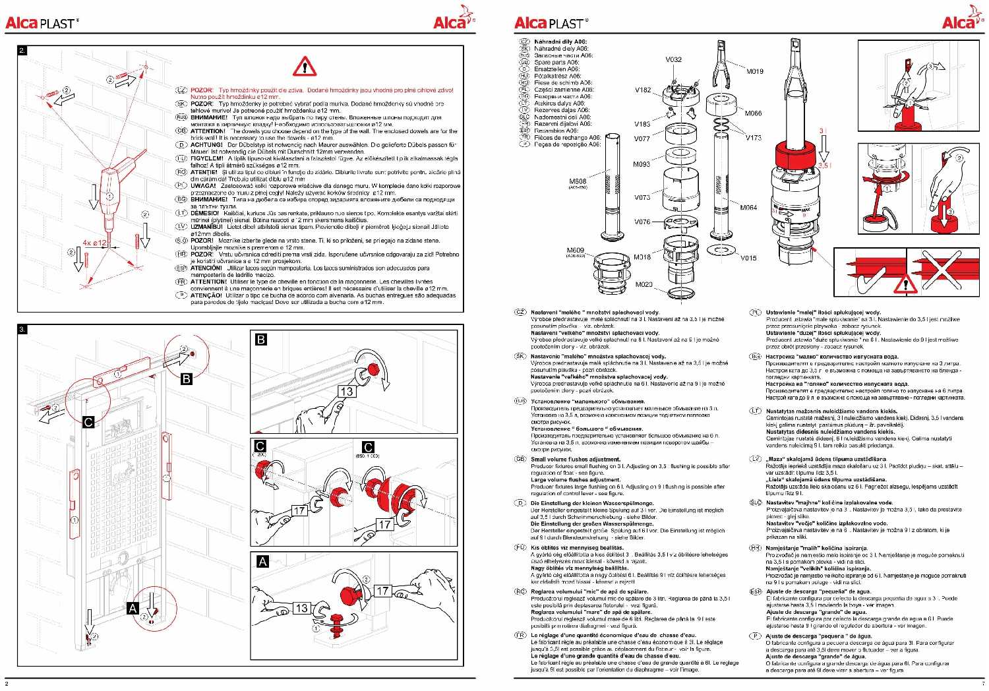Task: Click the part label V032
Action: pos(673,59)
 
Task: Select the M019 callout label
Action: pos(755,71)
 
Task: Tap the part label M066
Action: pos(753,113)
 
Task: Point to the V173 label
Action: pos(754,138)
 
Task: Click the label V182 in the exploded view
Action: pos(643,90)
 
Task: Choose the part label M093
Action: pos(642,164)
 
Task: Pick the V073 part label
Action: pos(642,197)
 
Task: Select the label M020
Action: pos(644,284)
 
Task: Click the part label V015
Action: pos(748,258)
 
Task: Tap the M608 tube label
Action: pos(578,181)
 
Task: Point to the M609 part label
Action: pos(576,251)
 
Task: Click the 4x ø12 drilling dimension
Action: pos(95,243)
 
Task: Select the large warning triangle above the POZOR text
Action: pos(305,66)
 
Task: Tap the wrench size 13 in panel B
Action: pos(347,391)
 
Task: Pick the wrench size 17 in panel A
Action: pos(383,591)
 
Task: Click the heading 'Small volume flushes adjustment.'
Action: pos(576,459)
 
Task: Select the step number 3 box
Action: pos(22,328)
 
